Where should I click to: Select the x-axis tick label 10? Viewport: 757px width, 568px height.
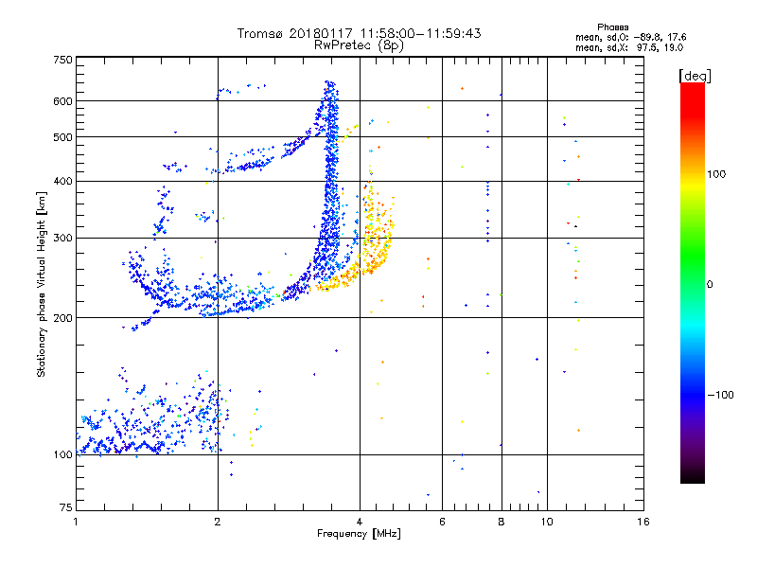click(x=546, y=522)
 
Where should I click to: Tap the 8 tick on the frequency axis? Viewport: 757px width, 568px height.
click(x=502, y=522)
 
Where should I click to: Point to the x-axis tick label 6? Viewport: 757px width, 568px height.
click(x=442, y=522)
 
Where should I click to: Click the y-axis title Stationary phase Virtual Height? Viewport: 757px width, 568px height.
click(x=42, y=286)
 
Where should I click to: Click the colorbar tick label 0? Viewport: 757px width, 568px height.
click(x=710, y=284)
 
